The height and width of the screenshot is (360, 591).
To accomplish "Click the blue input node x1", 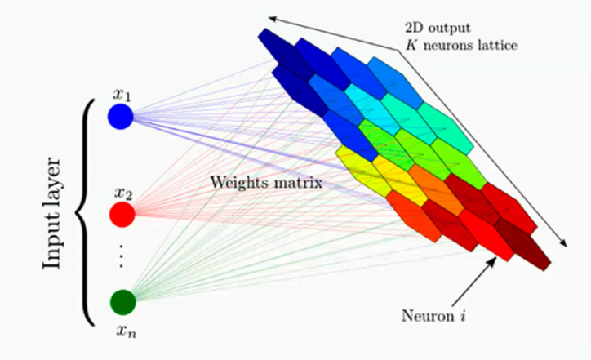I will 120,117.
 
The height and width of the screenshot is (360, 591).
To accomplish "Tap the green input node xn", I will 122,302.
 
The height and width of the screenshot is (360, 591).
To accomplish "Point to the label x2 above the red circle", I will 122,193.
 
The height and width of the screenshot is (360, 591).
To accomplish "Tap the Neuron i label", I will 433,313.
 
